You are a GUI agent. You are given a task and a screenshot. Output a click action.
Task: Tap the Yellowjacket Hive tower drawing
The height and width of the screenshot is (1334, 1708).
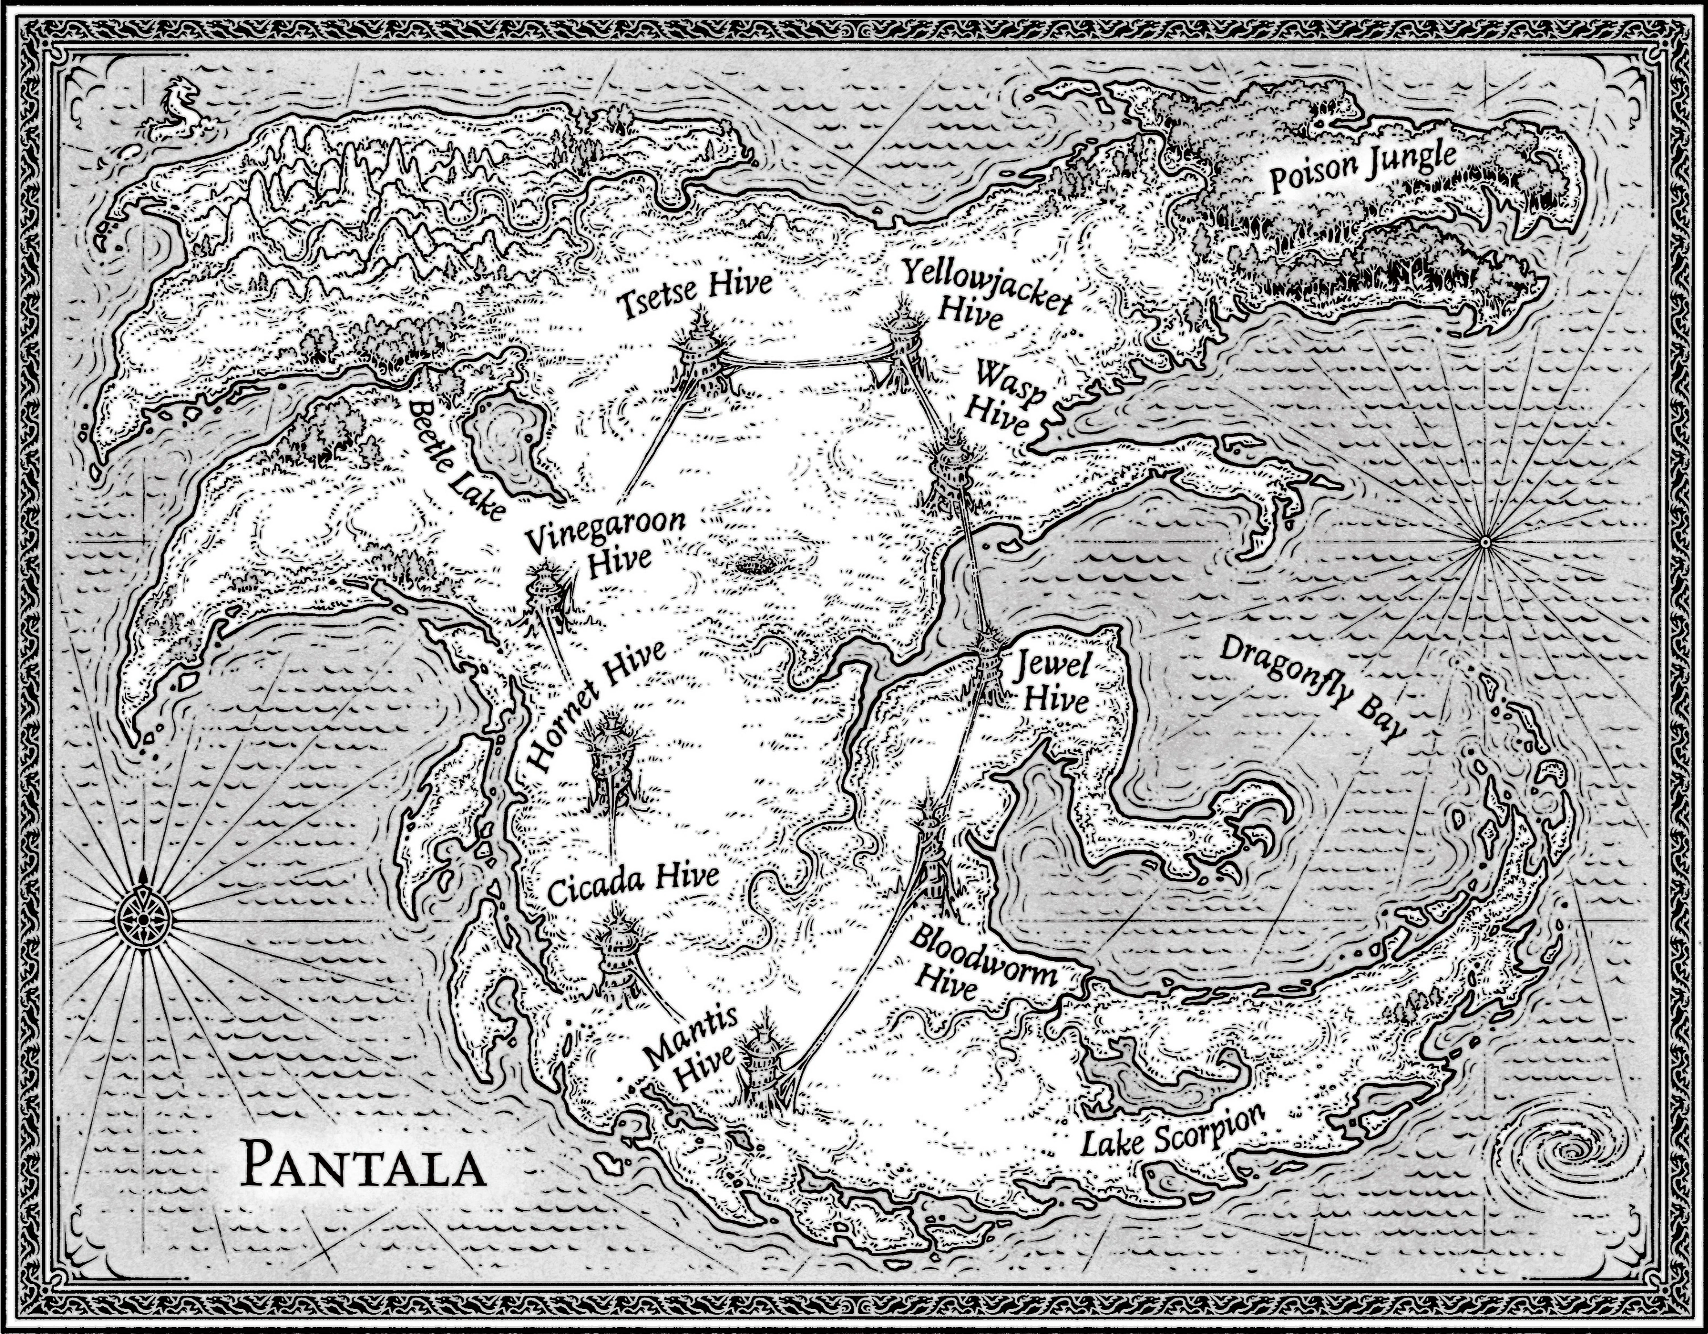903,344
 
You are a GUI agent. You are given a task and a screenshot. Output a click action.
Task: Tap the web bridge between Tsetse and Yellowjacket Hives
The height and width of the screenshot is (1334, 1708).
805,362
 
